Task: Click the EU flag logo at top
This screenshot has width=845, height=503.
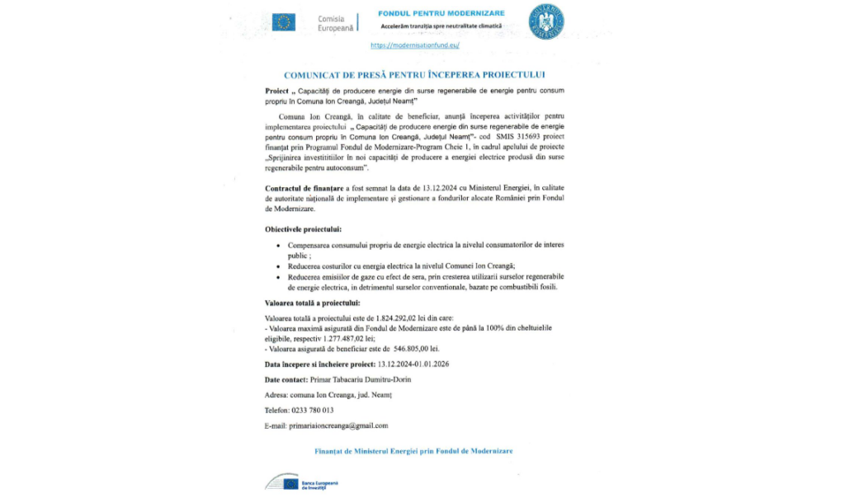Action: [284, 22]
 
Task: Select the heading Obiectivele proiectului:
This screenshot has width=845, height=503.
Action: [303, 228]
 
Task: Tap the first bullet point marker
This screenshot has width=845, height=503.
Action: [276, 247]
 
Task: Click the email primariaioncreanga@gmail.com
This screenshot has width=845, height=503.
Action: [338, 425]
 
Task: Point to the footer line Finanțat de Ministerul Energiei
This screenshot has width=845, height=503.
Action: [413, 451]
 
